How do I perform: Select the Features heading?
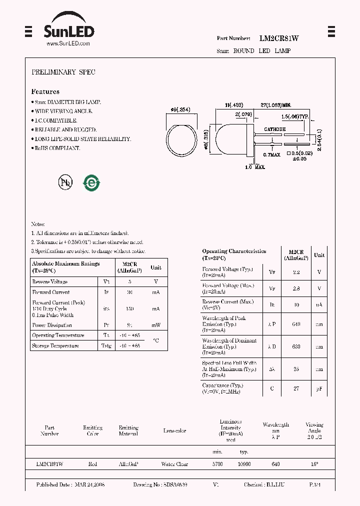(45, 91)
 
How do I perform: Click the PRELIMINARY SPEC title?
(63, 72)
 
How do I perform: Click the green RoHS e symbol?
(91, 183)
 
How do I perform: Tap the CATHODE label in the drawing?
(274, 129)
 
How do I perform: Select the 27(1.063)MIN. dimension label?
(275, 105)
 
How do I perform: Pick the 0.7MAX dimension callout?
(272, 154)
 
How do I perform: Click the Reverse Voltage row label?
(50, 282)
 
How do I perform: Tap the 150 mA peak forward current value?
(129, 309)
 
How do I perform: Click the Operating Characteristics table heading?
(234, 251)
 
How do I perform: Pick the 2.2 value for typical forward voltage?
(296, 272)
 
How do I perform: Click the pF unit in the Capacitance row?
(319, 388)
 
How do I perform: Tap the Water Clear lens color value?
(174, 464)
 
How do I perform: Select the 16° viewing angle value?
(314, 464)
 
